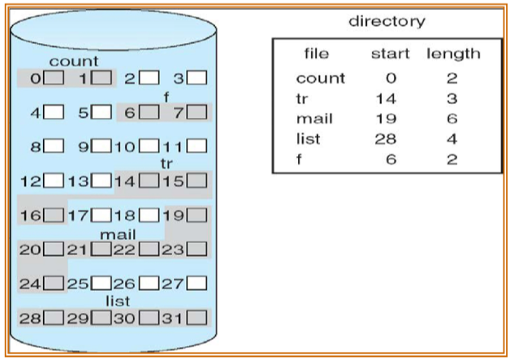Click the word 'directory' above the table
387,21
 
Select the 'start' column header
390,54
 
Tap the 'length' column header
452,54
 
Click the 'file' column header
316,54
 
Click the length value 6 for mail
452,119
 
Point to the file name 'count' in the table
320,78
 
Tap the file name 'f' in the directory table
300,159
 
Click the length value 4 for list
452,139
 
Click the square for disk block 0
54,79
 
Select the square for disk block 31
196,317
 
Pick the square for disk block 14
149,180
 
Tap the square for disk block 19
196,215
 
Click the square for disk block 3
196,79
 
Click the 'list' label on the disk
118,301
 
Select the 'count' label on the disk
74,62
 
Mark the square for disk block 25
101,284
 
